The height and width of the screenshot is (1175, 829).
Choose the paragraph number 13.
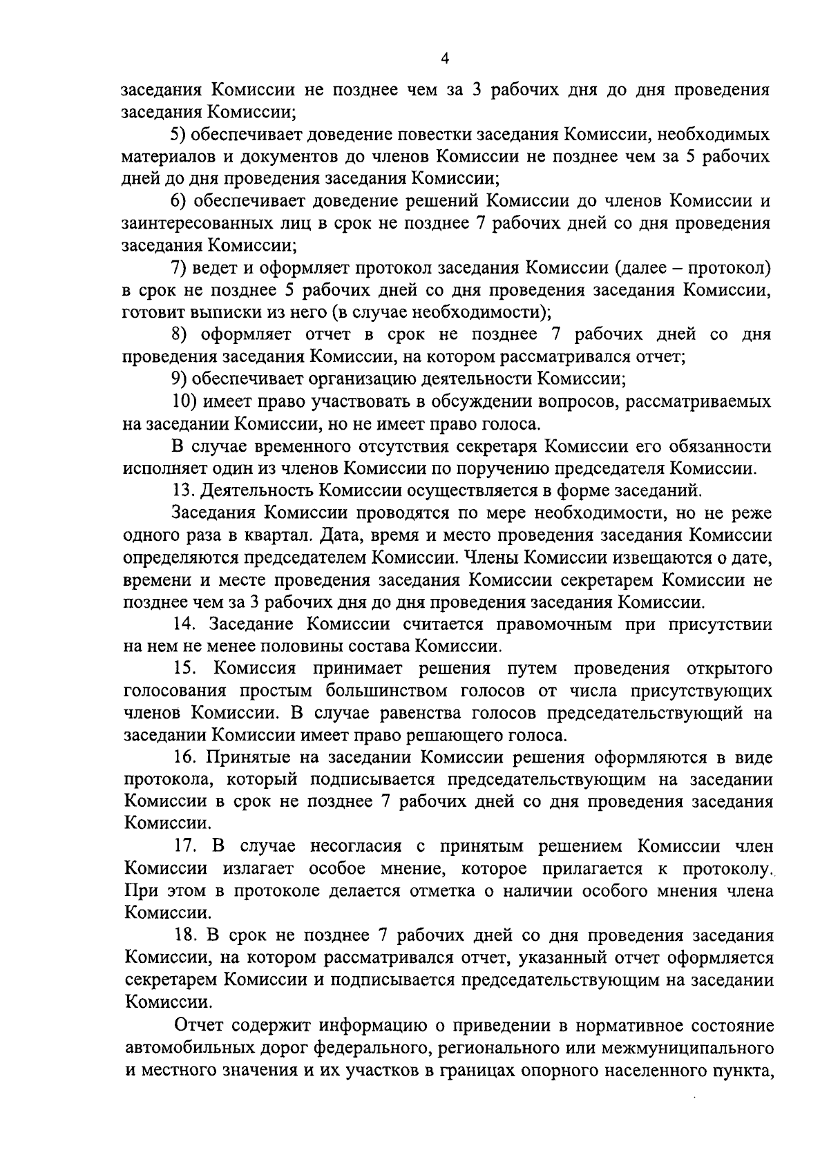(184, 491)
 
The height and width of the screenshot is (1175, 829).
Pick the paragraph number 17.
(187, 847)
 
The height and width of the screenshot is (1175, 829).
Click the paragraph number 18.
(187, 936)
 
